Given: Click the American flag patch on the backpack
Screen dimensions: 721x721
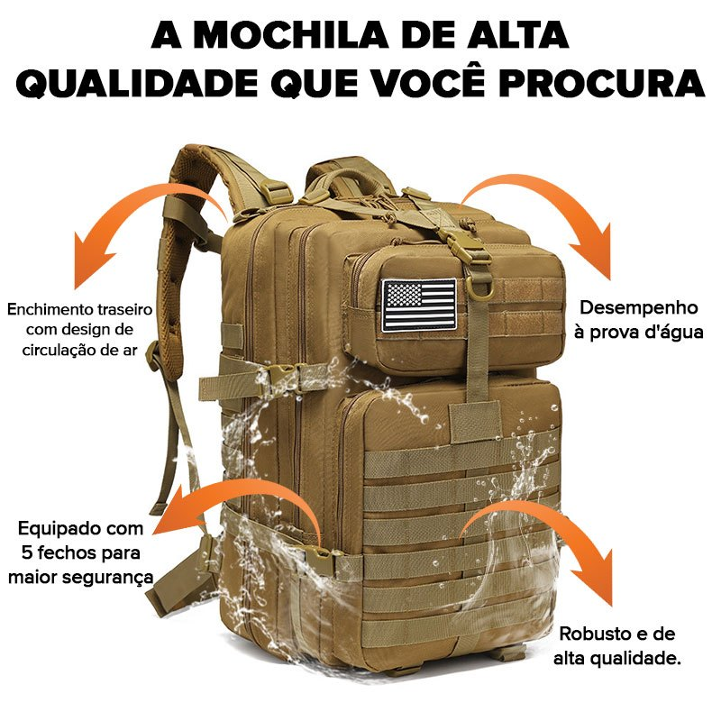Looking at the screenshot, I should [419, 305].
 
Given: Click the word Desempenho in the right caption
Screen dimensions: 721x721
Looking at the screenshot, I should [638, 308].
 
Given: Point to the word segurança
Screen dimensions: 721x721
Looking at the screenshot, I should [114, 576].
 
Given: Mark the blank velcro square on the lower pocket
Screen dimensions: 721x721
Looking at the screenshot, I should [475, 421].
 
